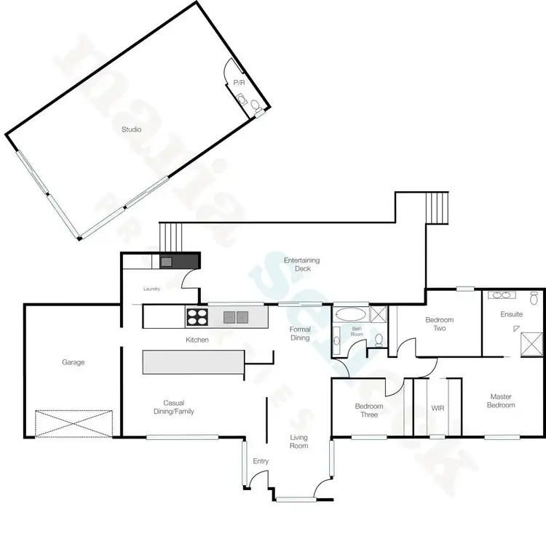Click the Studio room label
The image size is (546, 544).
[x=131, y=129]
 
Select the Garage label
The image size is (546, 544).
[x=73, y=361]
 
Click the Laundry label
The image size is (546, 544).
[x=151, y=289]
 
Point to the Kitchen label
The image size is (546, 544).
[x=197, y=340]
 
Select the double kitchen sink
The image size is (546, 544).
[x=235, y=316]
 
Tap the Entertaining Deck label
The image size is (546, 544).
[x=301, y=264]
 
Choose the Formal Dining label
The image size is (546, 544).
[x=300, y=333]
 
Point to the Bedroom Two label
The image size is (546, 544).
[x=440, y=324]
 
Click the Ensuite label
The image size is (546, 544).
[x=512, y=314]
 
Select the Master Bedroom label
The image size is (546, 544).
[x=502, y=401]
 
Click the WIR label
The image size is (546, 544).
[x=438, y=408]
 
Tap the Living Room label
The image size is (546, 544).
[x=299, y=441]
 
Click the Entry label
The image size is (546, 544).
[x=261, y=461]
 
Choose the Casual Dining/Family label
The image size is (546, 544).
[x=178, y=407]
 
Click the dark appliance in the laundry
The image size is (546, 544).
[x=167, y=260]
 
